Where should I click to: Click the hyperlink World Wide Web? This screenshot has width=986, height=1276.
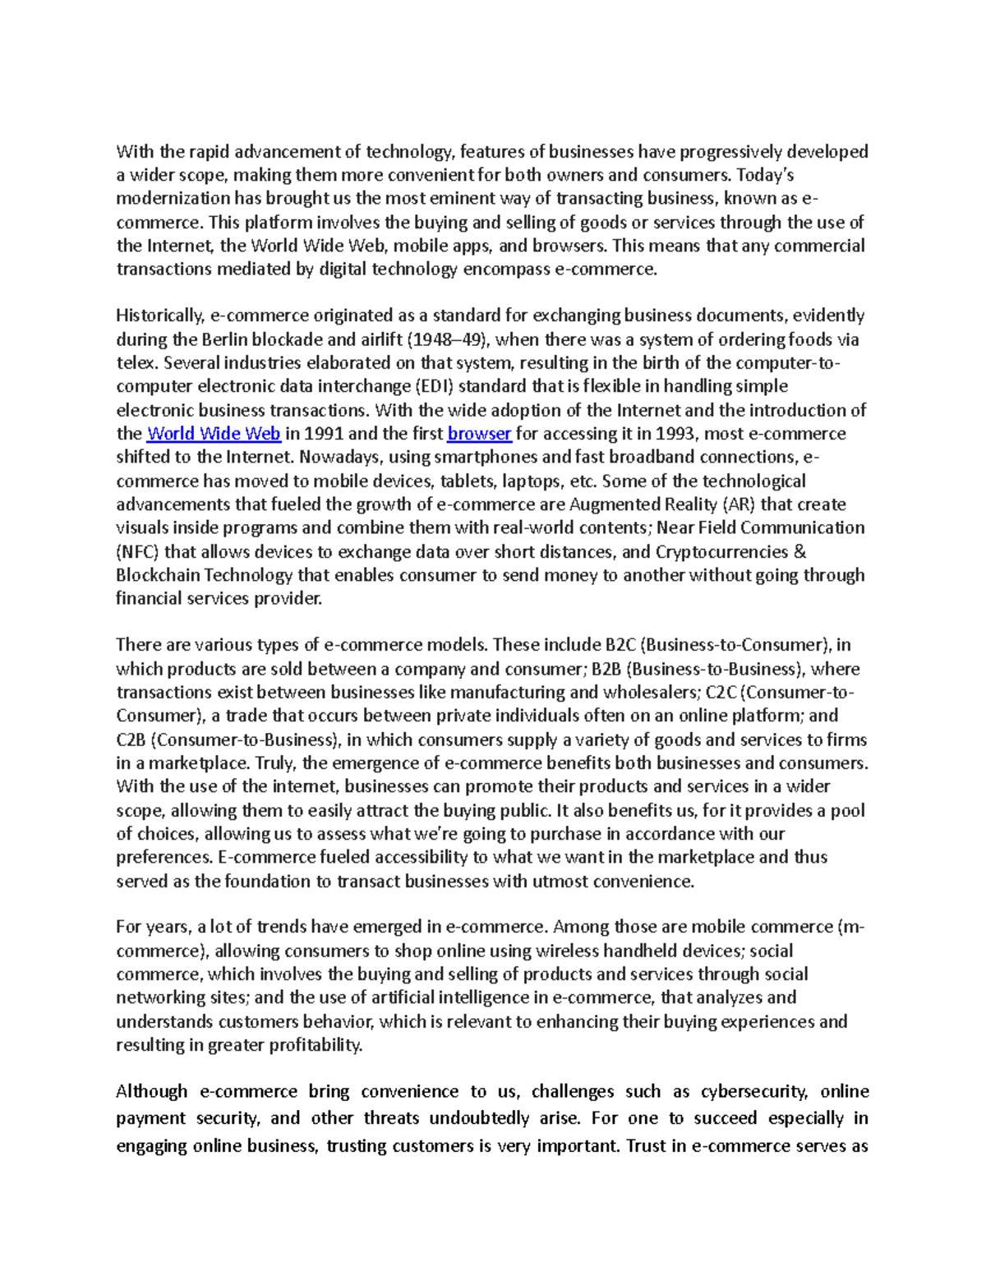pyautogui.click(x=214, y=434)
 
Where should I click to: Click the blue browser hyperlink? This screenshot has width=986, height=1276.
pyautogui.click(x=479, y=434)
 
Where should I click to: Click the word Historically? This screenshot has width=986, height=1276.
pyautogui.click(x=159, y=316)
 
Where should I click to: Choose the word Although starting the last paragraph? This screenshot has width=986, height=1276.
pyautogui.click(x=152, y=1092)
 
